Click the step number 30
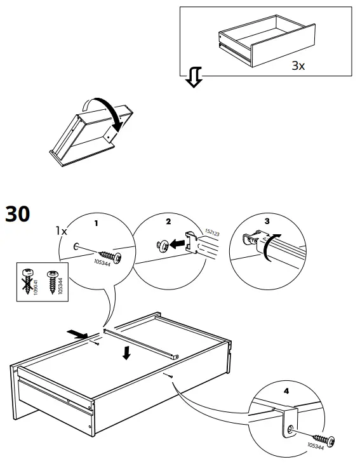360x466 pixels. [x=17, y=215]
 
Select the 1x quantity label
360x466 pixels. [x=61, y=231]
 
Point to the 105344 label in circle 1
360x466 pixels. [x=102, y=262]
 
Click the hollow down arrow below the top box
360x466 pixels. [x=194, y=78]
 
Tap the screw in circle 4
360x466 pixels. [x=324, y=439]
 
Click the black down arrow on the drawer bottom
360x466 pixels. [x=128, y=353]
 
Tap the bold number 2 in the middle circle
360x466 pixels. [x=168, y=222]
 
